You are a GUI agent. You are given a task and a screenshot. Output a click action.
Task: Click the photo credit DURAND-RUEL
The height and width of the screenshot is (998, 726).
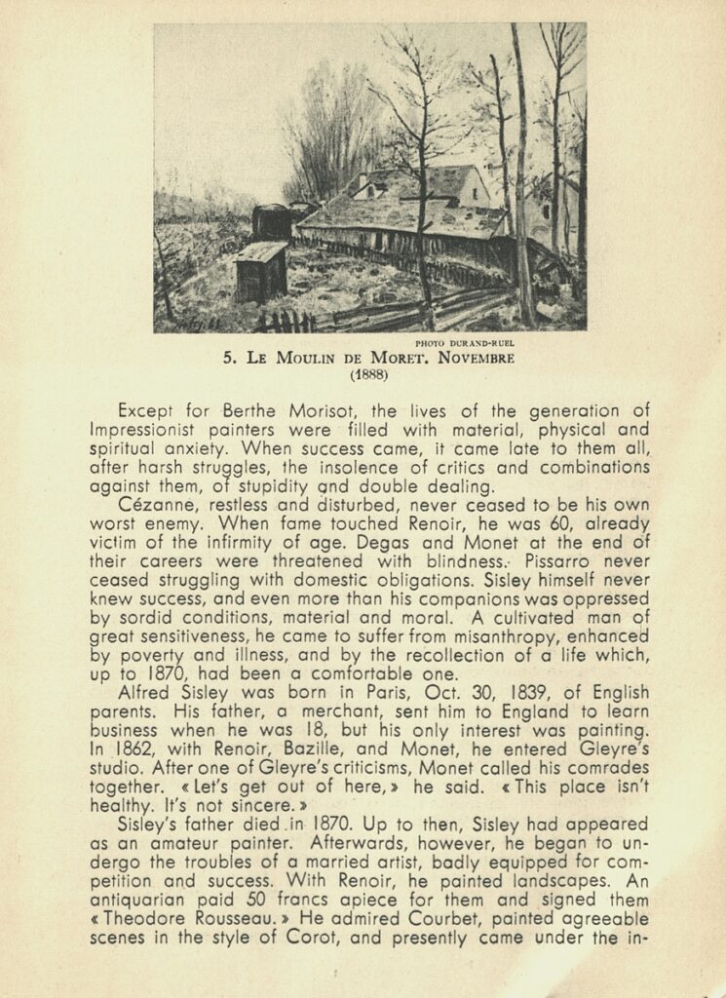[464, 343]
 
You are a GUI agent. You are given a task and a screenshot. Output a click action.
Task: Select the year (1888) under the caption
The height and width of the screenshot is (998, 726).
[368, 372]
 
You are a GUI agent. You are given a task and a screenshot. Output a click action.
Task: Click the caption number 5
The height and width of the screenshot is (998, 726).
[228, 358]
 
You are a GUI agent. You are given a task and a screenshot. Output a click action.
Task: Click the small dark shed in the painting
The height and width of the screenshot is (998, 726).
[260, 272]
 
